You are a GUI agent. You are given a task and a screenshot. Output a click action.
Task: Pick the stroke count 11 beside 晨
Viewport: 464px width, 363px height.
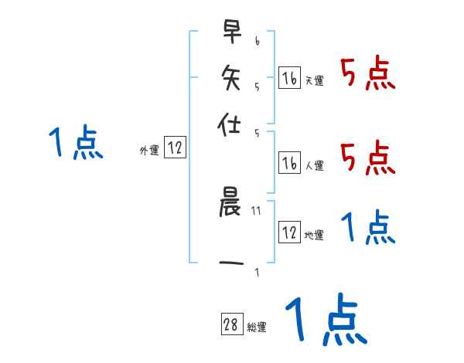[257, 209]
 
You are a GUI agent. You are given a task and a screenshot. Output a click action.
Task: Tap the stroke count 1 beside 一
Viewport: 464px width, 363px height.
[257, 272]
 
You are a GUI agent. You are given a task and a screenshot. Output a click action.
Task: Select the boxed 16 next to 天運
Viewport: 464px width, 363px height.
[288, 78]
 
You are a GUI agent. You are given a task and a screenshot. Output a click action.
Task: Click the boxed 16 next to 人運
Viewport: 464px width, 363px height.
[288, 163]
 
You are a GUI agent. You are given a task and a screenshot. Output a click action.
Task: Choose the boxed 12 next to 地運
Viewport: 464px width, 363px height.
[288, 232]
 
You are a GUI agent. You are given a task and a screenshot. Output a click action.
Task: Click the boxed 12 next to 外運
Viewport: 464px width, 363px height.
[175, 149]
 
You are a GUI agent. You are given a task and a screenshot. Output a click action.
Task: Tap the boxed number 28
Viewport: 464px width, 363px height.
[231, 325]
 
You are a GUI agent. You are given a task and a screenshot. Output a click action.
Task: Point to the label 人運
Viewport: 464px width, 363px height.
[314, 165]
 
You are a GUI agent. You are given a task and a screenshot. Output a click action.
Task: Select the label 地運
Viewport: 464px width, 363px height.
[314, 235]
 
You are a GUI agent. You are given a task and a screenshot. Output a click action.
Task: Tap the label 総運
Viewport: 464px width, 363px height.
[257, 327]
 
